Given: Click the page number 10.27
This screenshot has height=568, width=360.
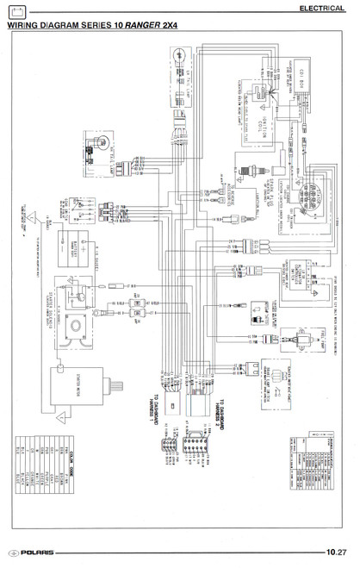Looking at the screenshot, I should coord(336,551).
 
